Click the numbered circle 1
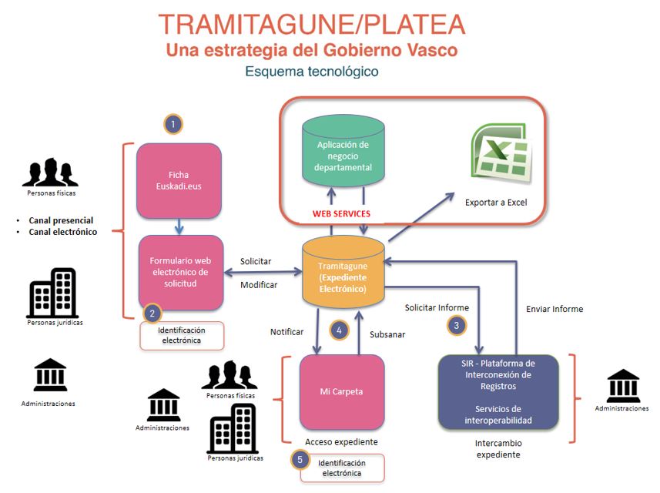coord(174,123)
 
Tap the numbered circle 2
coord(152,313)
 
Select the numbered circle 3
coord(457,325)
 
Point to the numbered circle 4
coord(339,330)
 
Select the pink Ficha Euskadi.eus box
coord(179,179)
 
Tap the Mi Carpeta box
coord(342,391)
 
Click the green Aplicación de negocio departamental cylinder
coord(344,153)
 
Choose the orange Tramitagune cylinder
coord(343,270)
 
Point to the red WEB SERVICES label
coord(341,213)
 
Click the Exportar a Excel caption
coord(496,203)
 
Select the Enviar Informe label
coord(554,309)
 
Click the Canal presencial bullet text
coord(61,220)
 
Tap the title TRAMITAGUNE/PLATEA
coord(310,24)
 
